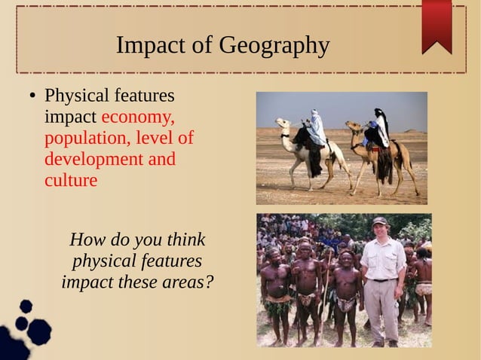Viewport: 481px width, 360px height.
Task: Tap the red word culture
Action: click(71, 181)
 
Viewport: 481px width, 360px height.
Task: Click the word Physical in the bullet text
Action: click(77, 96)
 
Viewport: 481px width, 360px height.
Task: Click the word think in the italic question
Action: click(185, 240)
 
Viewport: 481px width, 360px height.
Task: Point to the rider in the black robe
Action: click(381, 130)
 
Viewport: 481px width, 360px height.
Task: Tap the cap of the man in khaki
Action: click(379, 221)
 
